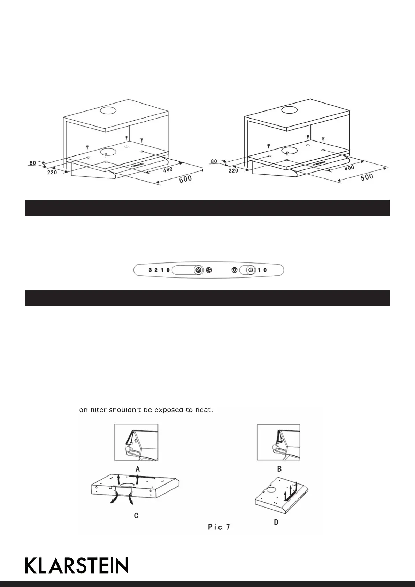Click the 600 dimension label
185,180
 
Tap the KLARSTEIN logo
77,565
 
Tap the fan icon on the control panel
209,270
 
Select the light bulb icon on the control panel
234,270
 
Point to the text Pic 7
219,527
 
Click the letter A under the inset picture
138,469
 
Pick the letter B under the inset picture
279,469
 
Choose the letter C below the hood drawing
136,516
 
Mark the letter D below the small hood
276,523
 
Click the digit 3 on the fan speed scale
150,270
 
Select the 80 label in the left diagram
33,162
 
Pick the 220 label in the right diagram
233,171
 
